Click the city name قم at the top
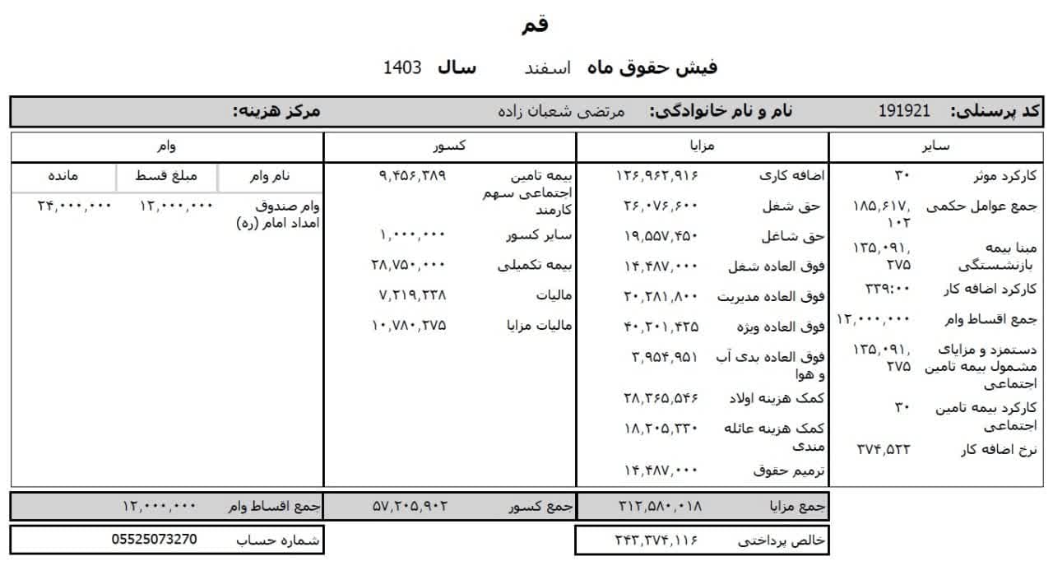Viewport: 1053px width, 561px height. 535,25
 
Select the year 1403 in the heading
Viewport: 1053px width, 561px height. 402,68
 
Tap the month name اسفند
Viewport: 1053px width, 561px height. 548,68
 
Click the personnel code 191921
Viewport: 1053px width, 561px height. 903,111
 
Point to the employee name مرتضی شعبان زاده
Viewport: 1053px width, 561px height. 563,111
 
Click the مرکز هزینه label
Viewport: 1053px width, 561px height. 276,111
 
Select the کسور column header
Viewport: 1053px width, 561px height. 450,146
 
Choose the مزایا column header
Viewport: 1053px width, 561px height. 702,146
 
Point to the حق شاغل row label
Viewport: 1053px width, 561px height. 802,236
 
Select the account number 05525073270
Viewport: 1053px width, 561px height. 155,540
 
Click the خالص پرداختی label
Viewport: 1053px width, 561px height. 782,540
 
